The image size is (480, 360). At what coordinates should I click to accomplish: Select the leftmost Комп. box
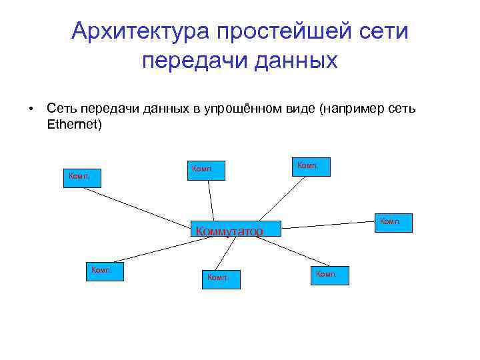pos(82,178)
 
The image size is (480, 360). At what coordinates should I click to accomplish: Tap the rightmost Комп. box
pos(394,223)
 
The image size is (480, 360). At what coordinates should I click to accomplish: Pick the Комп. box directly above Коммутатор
pos(205,170)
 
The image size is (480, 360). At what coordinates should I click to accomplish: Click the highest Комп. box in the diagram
pos(311,166)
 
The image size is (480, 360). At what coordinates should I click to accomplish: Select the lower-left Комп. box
pos(105,271)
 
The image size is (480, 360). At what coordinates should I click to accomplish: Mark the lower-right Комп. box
pos(330,275)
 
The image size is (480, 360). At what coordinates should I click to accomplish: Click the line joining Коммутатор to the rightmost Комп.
pos(327,225)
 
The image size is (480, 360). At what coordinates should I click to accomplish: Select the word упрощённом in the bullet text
pos(236,109)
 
